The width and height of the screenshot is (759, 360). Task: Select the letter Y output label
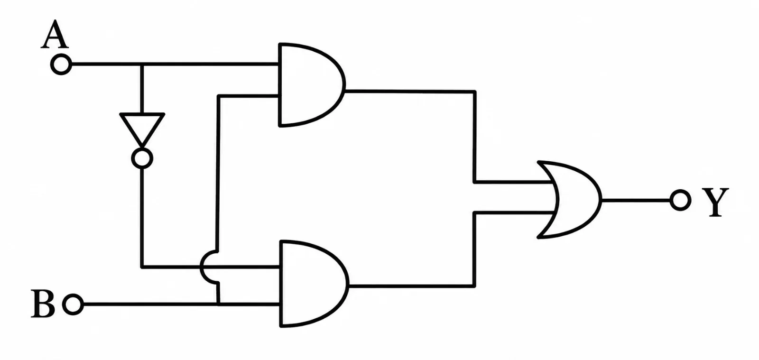pyautogui.click(x=715, y=202)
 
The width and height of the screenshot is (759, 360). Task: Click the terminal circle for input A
pyautogui.click(x=61, y=64)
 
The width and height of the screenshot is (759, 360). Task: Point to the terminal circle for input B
pyautogui.click(x=73, y=305)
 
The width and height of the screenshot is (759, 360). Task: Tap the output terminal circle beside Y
pyautogui.click(x=680, y=200)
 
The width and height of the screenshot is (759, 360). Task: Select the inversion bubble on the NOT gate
pyautogui.click(x=142, y=158)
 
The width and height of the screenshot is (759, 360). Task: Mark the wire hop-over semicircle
pyautogui.click(x=201, y=267)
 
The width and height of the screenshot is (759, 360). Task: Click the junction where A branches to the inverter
pyautogui.click(x=142, y=64)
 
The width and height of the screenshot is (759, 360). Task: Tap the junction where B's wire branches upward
pyautogui.click(x=218, y=304)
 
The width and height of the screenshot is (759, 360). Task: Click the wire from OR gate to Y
pyautogui.click(x=636, y=200)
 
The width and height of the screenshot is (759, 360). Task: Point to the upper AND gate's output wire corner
pyautogui.click(x=475, y=92)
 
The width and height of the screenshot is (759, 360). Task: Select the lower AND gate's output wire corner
pyautogui.click(x=474, y=286)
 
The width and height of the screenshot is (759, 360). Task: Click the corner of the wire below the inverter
pyautogui.click(x=142, y=267)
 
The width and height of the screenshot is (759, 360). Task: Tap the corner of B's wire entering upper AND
pyautogui.click(x=219, y=96)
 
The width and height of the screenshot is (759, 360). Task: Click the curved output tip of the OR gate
pyautogui.click(x=602, y=200)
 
